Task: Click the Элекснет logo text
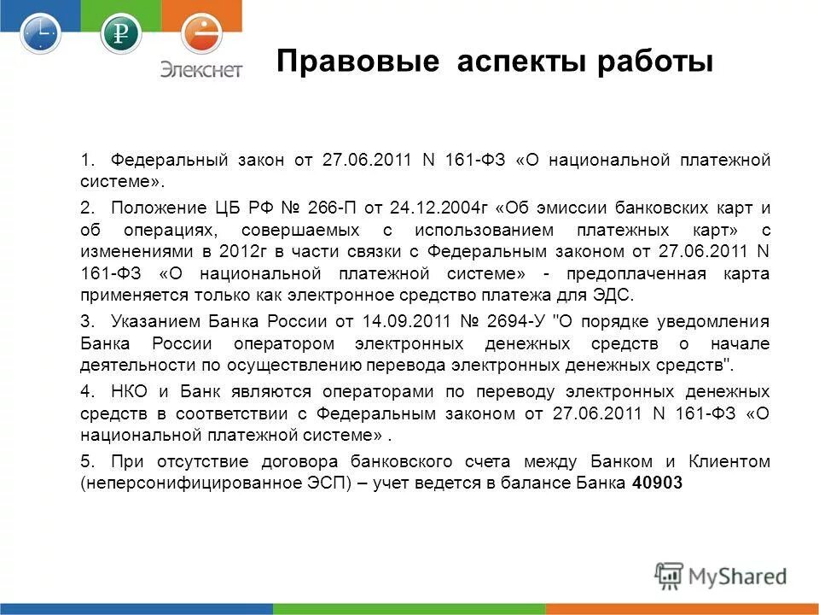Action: point(202,69)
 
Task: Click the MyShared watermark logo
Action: point(721,576)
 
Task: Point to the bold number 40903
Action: point(659,483)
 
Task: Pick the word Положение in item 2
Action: point(147,208)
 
